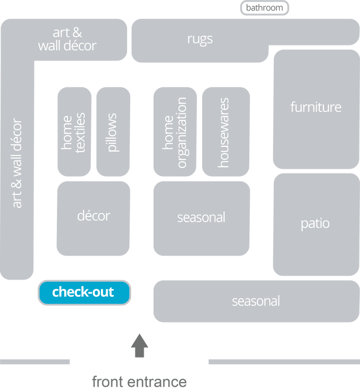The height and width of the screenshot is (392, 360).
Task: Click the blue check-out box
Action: pyautogui.click(x=84, y=293)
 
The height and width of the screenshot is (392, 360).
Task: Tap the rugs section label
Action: pyautogui.click(x=200, y=39)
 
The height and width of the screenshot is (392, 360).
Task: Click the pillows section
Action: pyautogui.click(x=113, y=132)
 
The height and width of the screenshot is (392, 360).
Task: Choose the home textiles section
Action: pyautogui.click(x=74, y=132)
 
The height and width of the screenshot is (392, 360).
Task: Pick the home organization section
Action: pyautogui.click(x=175, y=132)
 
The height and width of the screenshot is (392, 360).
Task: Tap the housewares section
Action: pyautogui.click(x=226, y=132)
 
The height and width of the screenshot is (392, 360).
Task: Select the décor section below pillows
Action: pyautogui.click(x=94, y=218)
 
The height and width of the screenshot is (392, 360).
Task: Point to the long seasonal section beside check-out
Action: pyautogui.click(x=256, y=301)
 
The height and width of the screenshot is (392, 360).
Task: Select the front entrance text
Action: pyautogui.click(x=140, y=382)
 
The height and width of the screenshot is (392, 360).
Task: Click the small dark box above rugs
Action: pyautogui.click(x=264, y=8)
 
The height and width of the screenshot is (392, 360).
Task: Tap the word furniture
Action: pyautogui.click(x=316, y=107)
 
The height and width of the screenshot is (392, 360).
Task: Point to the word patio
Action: pyautogui.click(x=315, y=224)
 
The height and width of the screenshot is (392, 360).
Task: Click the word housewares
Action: pyautogui.click(x=224, y=133)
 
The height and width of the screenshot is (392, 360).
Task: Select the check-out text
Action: pyautogui.click(x=83, y=292)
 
